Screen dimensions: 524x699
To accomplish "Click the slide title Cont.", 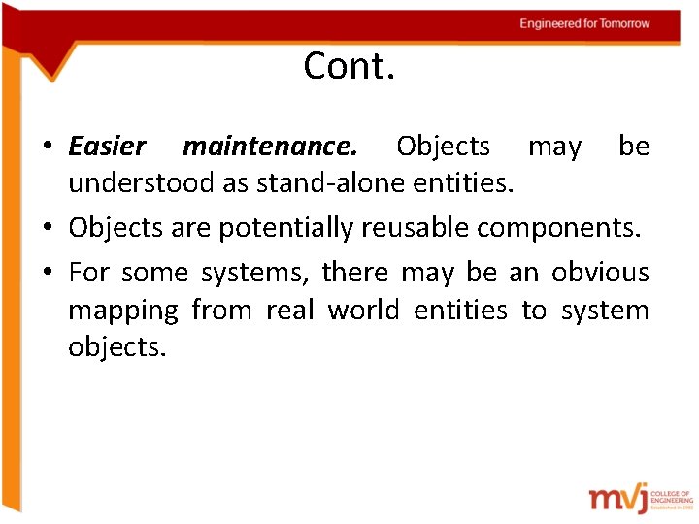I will pos(349,67).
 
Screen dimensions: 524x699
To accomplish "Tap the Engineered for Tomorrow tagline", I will pos(584,23).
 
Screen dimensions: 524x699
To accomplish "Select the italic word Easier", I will pos(107,147).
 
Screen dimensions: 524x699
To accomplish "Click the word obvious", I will pos(600,273).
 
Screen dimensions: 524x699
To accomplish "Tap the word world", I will pos(364,310).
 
